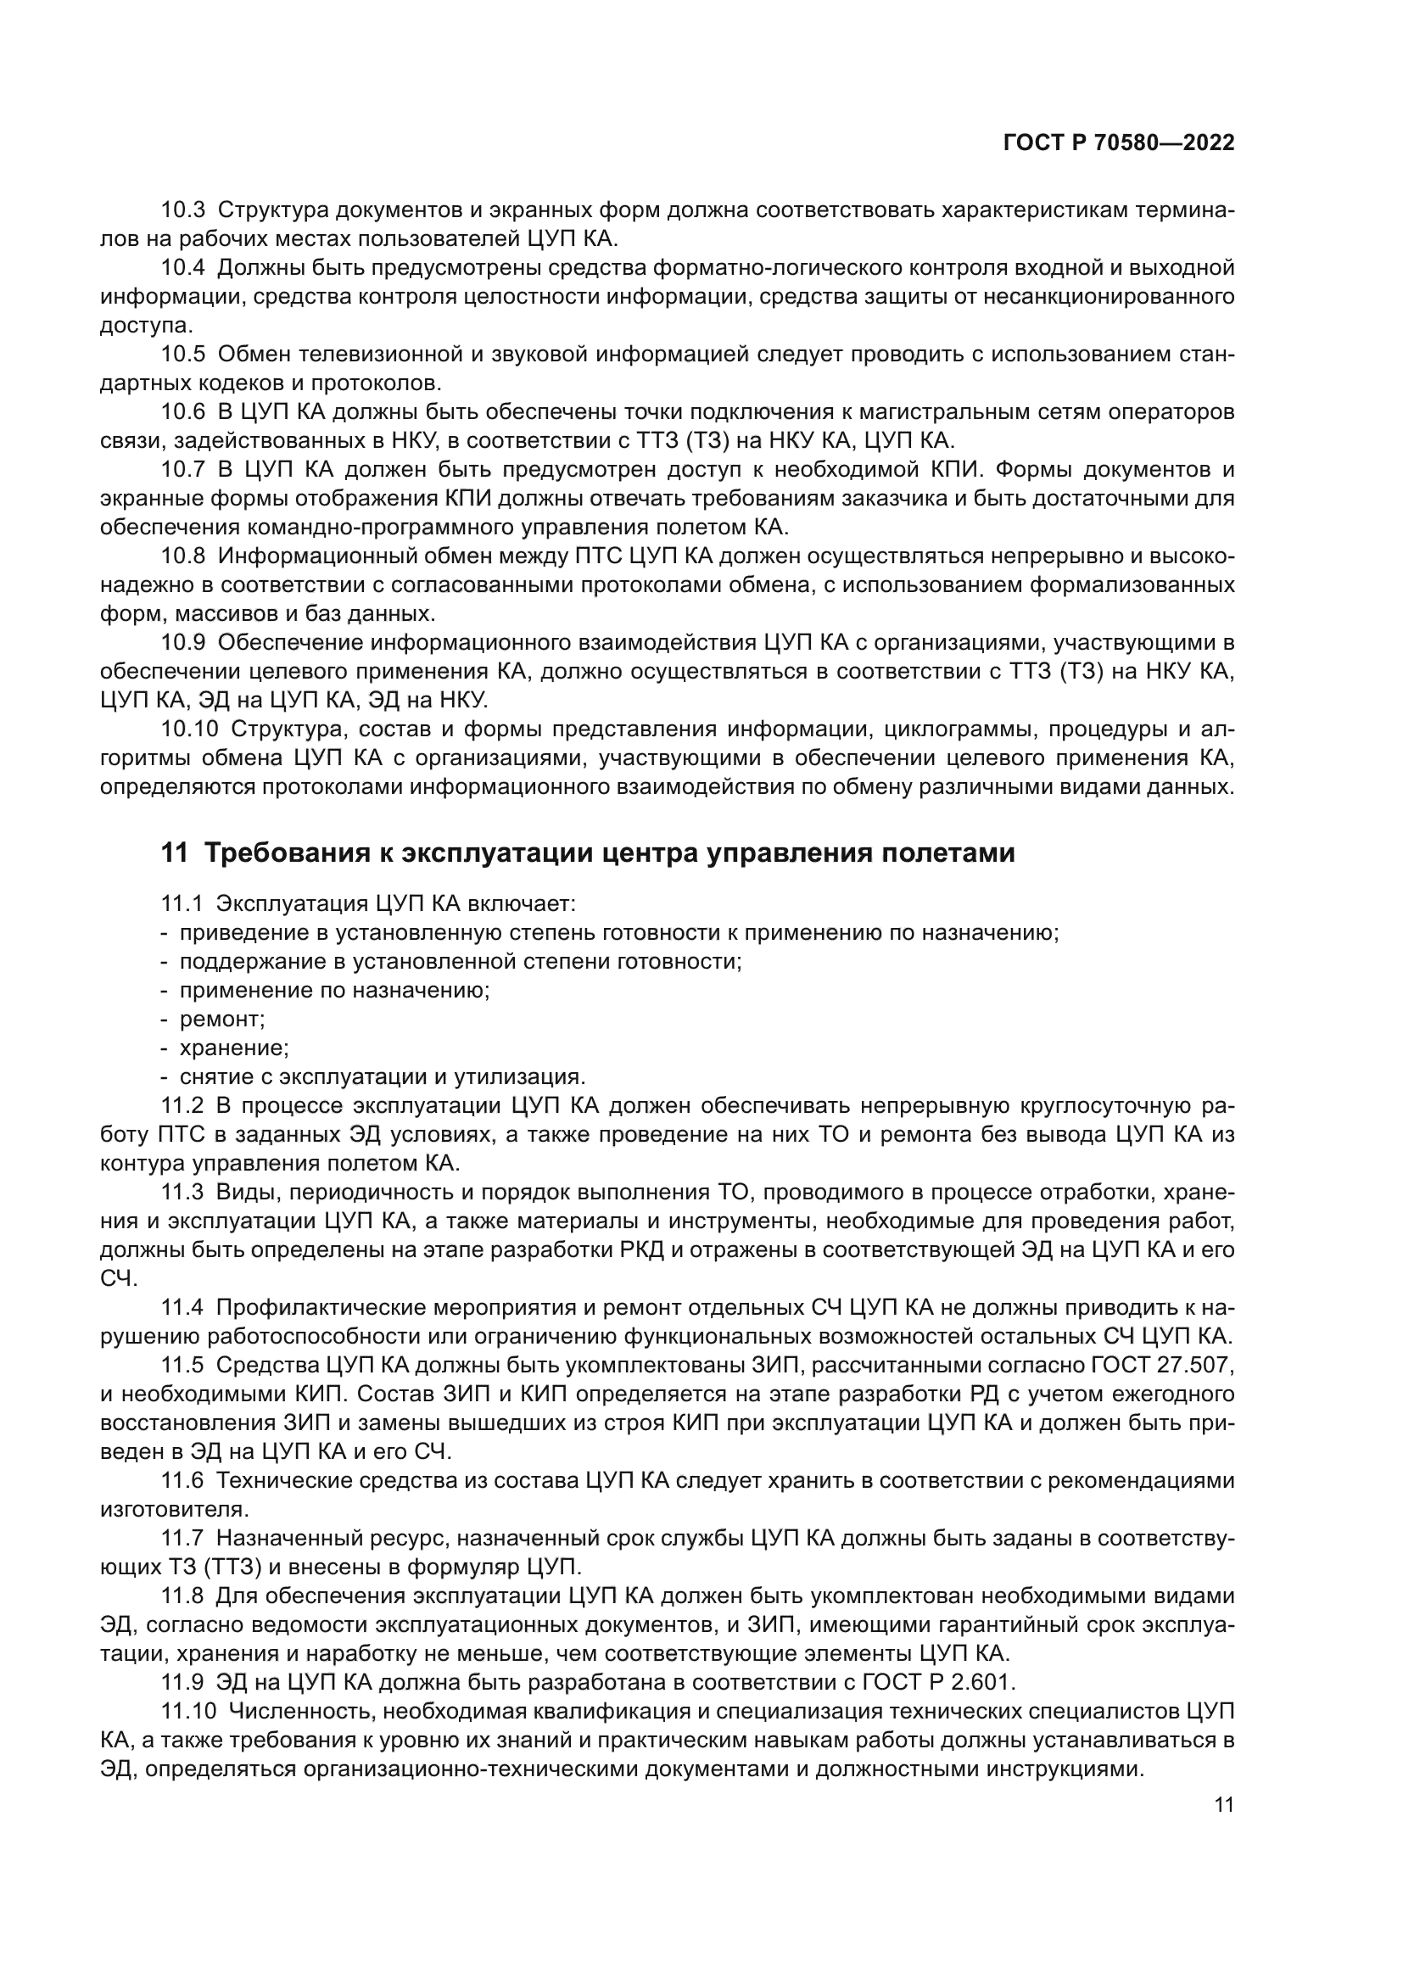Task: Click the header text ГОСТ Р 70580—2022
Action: (x=1119, y=143)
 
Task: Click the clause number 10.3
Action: (x=183, y=210)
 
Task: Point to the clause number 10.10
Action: (x=189, y=729)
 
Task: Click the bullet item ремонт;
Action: (x=222, y=1019)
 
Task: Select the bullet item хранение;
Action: (x=234, y=1048)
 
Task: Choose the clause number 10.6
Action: (x=183, y=412)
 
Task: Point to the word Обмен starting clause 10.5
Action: (x=249, y=355)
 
